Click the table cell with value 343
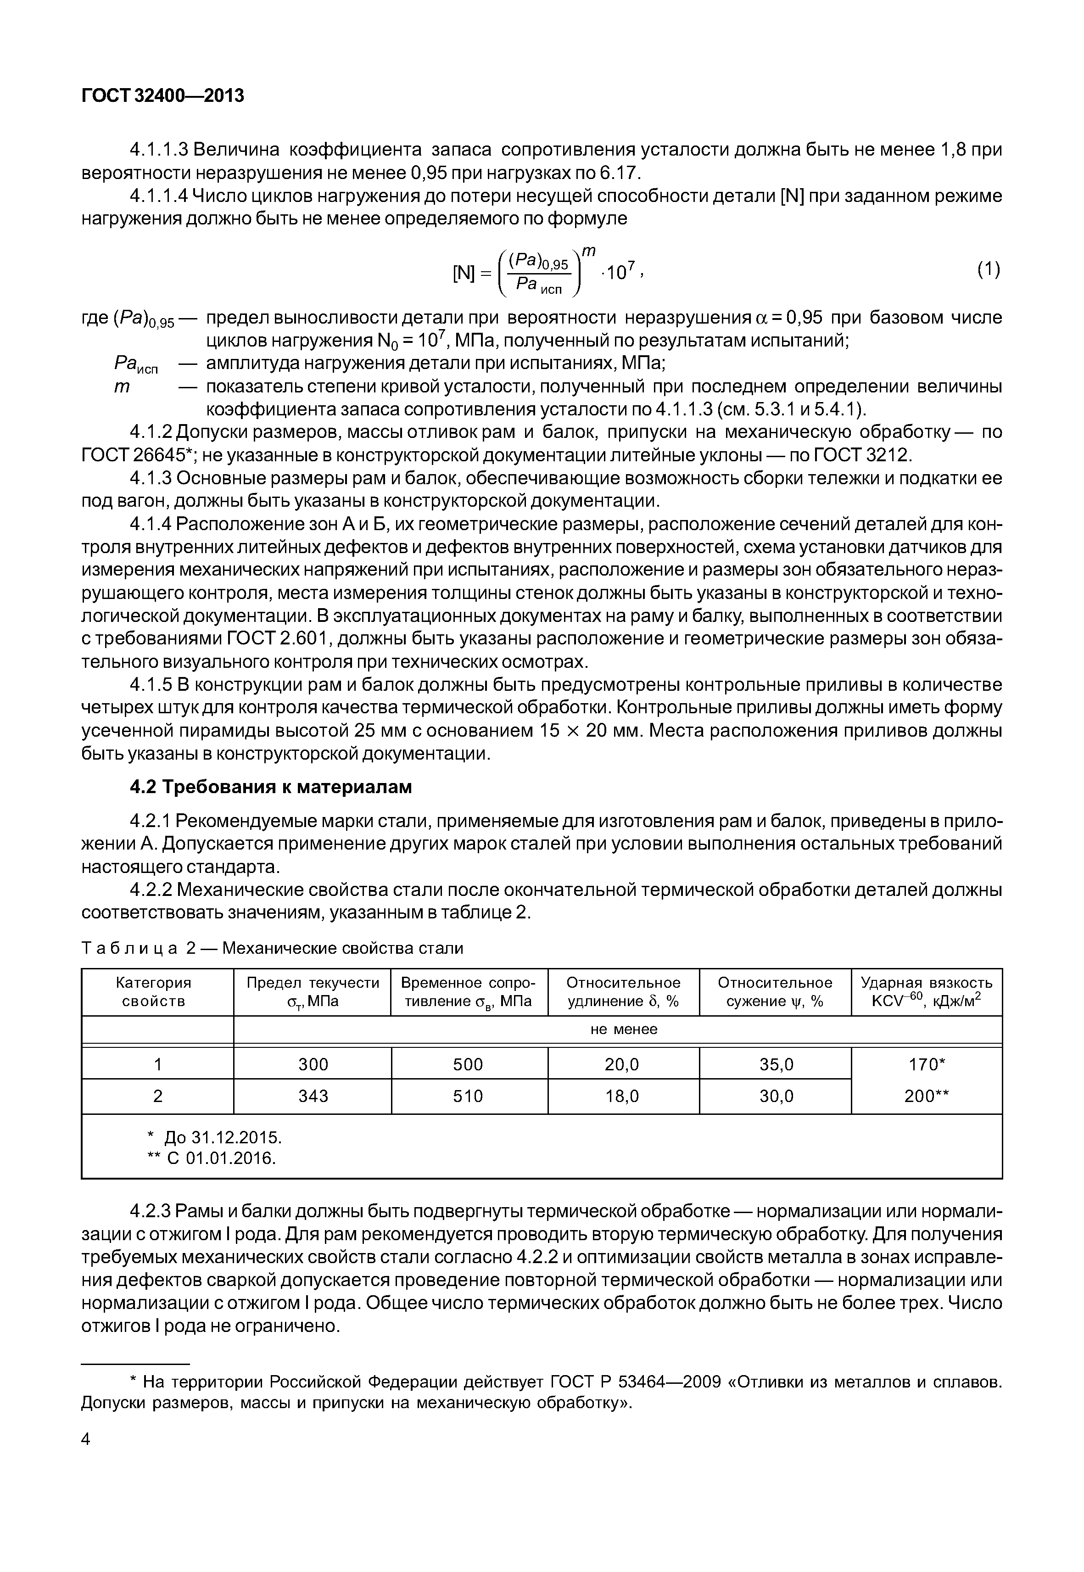(x=313, y=1096)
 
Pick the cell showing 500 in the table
(x=468, y=1064)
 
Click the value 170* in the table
(x=927, y=1064)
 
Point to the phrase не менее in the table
(x=624, y=1029)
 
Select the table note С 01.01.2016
(x=212, y=1158)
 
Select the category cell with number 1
(x=157, y=1064)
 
